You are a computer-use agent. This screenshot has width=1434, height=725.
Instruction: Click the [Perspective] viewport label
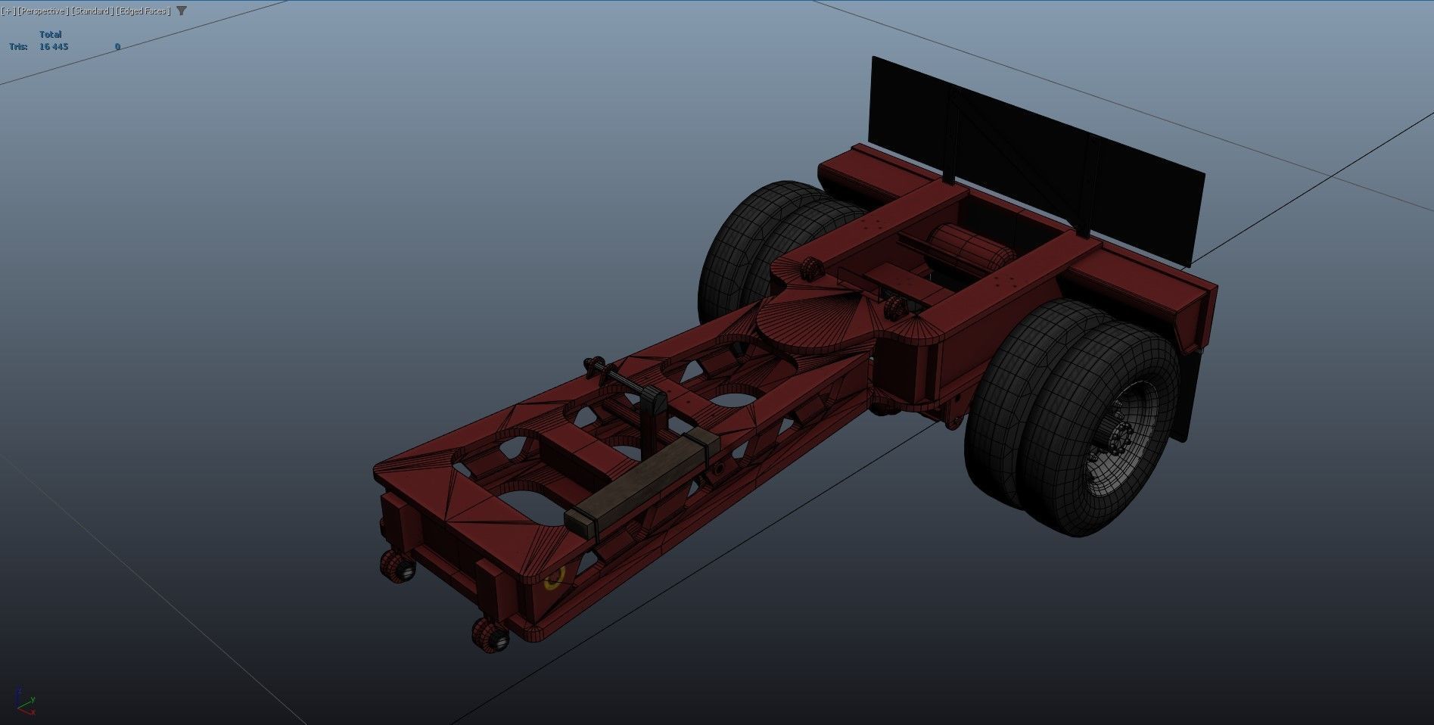point(42,11)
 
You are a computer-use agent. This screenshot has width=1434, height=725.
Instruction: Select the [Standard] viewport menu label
point(92,11)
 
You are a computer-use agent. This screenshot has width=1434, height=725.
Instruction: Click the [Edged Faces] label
point(143,11)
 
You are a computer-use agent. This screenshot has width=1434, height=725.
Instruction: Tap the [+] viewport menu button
point(8,11)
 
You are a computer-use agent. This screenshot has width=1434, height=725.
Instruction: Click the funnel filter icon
point(182,11)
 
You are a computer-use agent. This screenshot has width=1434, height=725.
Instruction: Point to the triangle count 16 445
point(54,47)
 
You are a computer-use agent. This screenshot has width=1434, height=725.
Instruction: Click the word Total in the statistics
point(50,35)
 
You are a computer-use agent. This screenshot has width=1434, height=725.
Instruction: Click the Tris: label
point(18,47)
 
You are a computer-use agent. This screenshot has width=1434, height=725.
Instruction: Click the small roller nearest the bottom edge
point(490,633)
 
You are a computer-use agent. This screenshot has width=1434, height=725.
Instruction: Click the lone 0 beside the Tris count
point(117,47)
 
